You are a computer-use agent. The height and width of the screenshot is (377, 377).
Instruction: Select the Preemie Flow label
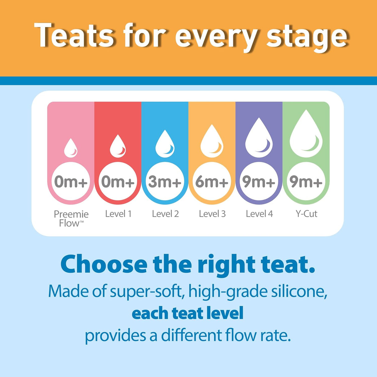click(71, 218)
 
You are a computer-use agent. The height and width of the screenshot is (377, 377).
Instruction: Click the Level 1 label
click(118, 214)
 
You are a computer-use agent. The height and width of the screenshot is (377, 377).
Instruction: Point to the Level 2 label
click(165, 214)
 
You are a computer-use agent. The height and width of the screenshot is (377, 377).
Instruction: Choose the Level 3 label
click(212, 214)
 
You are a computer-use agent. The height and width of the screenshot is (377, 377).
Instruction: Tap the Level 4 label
click(259, 214)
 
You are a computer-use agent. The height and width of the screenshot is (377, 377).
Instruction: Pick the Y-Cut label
click(306, 214)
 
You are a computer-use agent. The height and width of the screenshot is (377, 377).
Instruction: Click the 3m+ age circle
click(165, 181)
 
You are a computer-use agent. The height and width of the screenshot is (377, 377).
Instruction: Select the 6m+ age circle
click(212, 181)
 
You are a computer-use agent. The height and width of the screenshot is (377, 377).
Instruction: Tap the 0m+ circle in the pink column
click(71, 181)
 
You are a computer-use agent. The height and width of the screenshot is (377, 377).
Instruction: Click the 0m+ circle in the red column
click(118, 181)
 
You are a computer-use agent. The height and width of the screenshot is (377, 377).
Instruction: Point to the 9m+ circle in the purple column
click(259, 181)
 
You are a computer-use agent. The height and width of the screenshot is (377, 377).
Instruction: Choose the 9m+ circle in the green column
click(306, 181)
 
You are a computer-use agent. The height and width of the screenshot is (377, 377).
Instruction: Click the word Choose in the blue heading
click(104, 265)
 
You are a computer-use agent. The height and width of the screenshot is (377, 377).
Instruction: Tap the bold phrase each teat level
click(188, 313)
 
